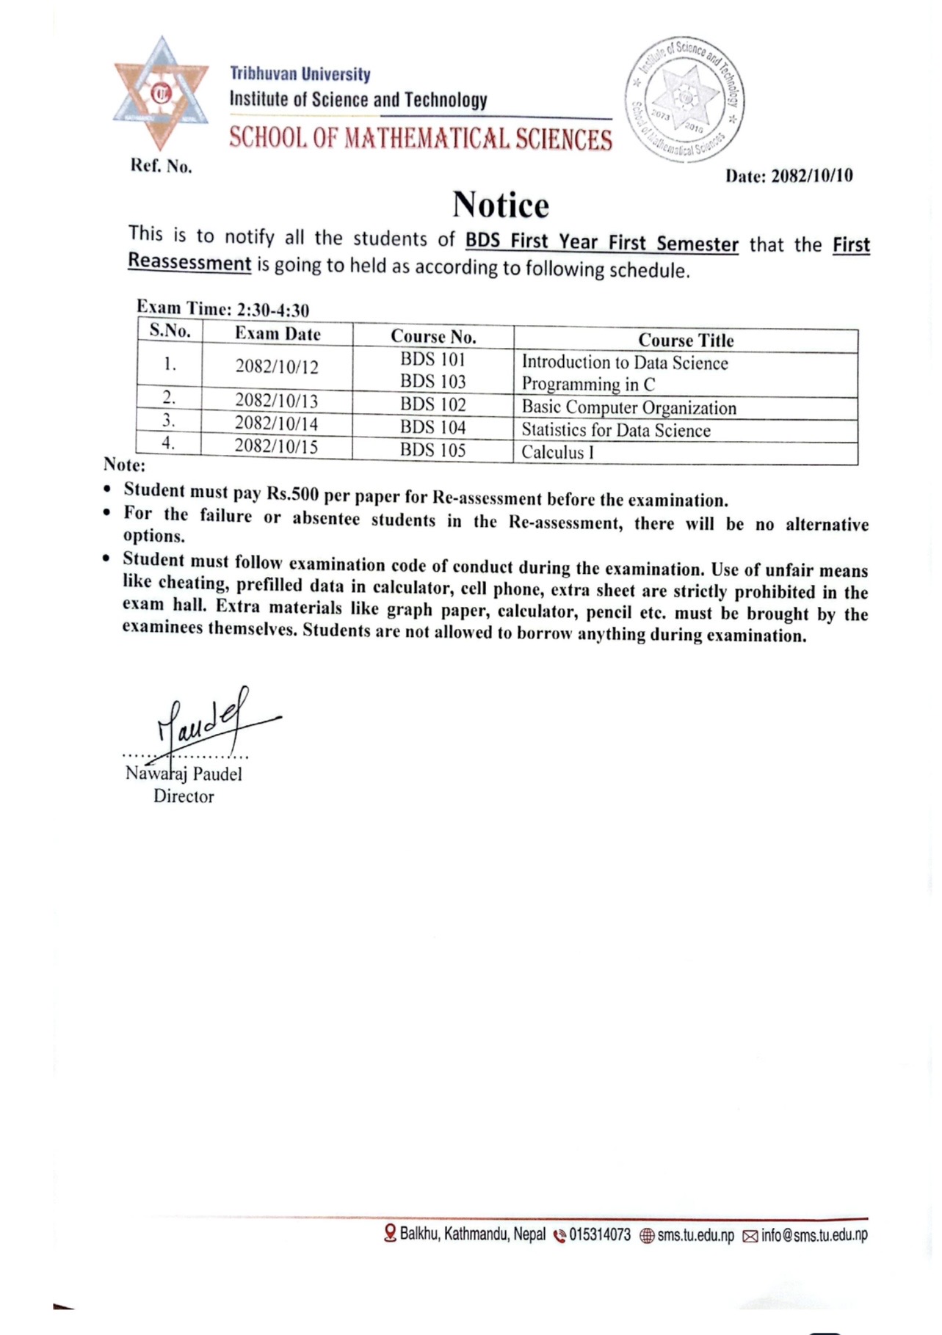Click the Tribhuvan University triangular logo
coord(161,93)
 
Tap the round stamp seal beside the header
coord(685,98)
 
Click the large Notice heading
coord(500,205)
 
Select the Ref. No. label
coord(161,167)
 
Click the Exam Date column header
coord(278,334)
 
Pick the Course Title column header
coord(686,341)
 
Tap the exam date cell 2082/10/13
coord(276,401)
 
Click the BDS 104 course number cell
coord(432,427)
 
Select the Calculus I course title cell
coord(557,452)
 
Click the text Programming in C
coord(588,385)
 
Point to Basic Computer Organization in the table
coord(628,408)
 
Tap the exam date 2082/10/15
coord(276,447)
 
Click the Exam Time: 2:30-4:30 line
coord(222,308)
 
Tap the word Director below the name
coord(184,796)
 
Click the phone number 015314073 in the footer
coord(599,1235)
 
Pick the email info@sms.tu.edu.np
coord(814,1235)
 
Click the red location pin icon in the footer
coord(391,1234)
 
